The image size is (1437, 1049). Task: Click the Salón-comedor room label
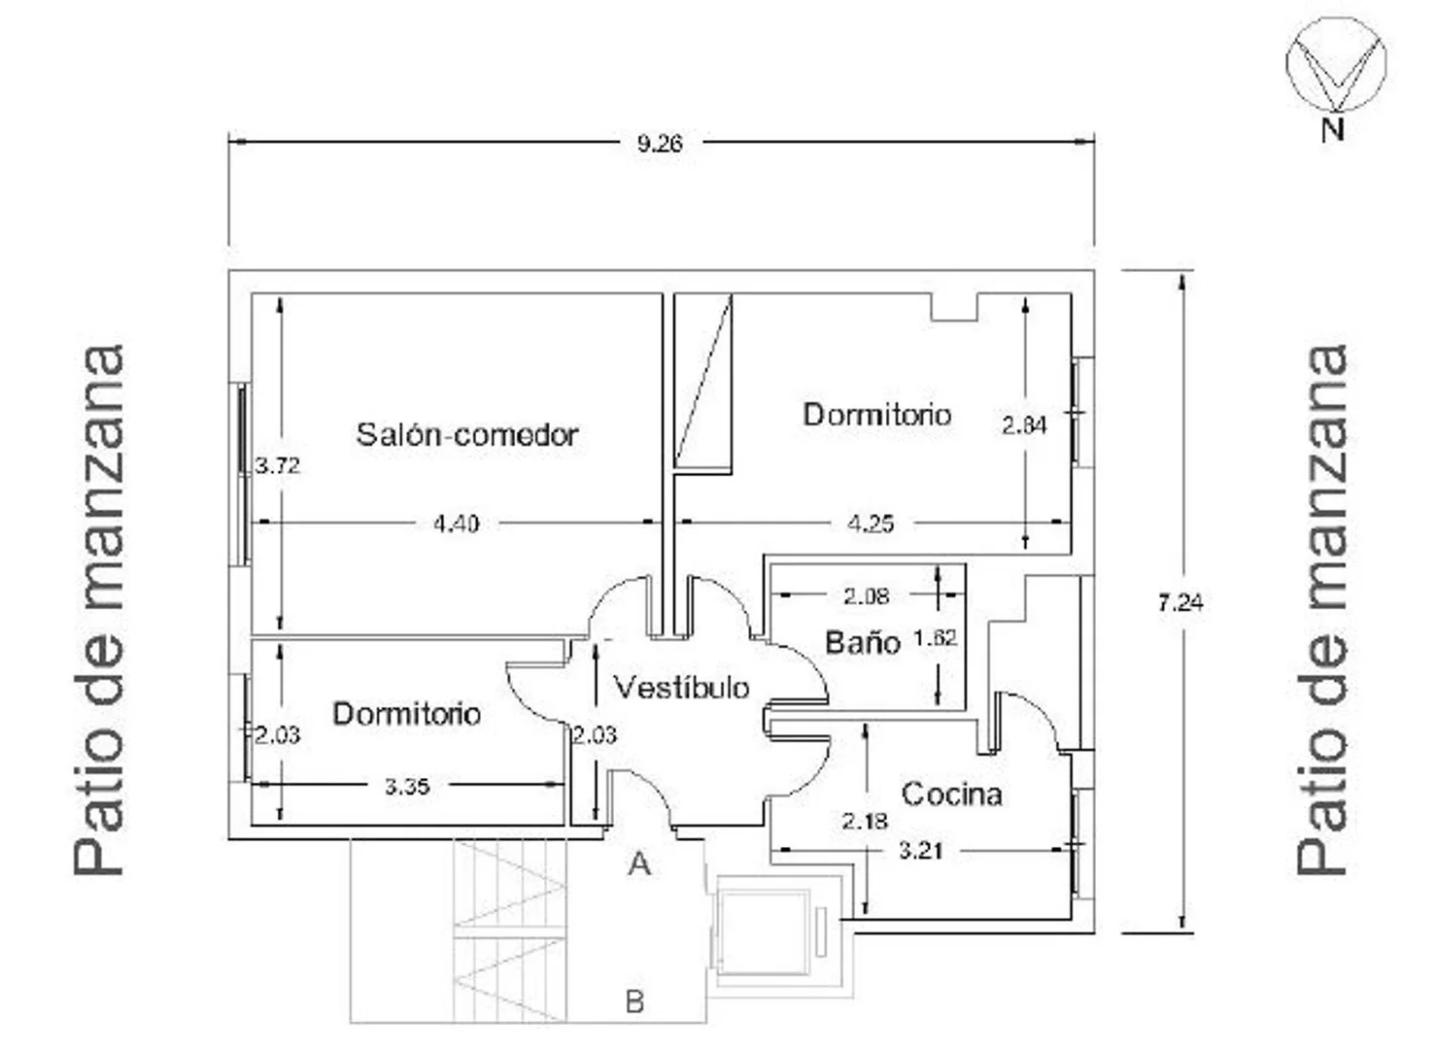(467, 435)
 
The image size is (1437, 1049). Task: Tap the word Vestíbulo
(682, 688)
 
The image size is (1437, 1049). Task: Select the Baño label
(863, 642)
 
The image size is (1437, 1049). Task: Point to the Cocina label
(951, 795)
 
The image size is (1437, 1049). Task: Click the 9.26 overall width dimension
(660, 144)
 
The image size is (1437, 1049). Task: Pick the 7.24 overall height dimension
(1180, 603)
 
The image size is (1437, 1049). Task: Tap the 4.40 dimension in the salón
(456, 524)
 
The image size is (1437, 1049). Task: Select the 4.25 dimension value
(871, 524)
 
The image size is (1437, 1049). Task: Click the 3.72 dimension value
(277, 465)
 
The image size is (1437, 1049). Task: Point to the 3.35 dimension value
(407, 787)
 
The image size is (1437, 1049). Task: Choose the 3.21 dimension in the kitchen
(920, 851)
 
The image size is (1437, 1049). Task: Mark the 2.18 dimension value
(865, 822)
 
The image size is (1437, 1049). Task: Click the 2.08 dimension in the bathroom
(866, 596)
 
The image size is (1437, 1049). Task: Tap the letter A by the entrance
(639, 865)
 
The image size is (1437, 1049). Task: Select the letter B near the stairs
(634, 1001)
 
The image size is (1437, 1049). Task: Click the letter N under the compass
(1332, 130)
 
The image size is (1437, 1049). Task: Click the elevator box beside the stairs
(764, 931)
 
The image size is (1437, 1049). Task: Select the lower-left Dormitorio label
(407, 714)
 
